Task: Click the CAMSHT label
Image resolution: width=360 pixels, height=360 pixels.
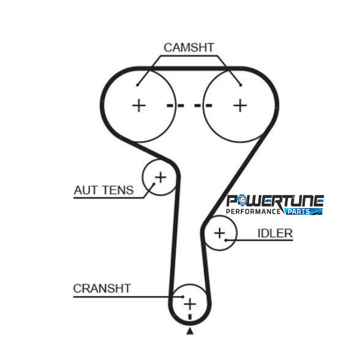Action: [x=189, y=47]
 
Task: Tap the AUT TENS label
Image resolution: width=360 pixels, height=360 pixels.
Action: [x=103, y=190]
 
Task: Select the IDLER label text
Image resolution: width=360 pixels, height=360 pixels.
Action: [x=275, y=233]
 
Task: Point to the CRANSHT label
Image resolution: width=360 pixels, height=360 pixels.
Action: [x=102, y=289]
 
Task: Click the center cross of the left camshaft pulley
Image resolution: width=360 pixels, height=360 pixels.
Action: [x=139, y=106]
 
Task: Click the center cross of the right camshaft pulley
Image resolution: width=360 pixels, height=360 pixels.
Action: [x=240, y=106]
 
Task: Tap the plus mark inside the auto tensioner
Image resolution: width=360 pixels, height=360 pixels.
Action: [x=161, y=177]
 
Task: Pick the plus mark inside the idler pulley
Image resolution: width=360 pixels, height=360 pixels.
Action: [x=220, y=233]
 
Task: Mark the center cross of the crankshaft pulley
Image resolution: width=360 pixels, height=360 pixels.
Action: [x=190, y=304]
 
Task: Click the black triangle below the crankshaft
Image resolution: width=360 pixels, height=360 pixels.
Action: [x=190, y=331]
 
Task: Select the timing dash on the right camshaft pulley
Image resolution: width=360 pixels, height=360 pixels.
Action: [x=203, y=106]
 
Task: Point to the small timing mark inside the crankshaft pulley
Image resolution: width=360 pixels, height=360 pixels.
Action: [x=190, y=317]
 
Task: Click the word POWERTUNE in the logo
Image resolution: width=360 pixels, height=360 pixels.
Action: [x=275, y=201]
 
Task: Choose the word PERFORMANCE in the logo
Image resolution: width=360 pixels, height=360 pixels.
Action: [x=254, y=211]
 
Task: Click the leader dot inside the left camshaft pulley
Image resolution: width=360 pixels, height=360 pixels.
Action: [x=137, y=85]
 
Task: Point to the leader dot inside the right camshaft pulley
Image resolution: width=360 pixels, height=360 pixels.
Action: [x=241, y=85]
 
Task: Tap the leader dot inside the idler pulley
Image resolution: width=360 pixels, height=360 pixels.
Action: [x=226, y=240]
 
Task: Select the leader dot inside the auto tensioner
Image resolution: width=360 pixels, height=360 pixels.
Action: [x=154, y=184]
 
